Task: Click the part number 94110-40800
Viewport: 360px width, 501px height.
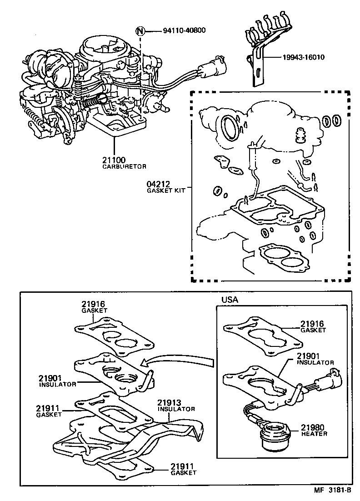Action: click(184, 31)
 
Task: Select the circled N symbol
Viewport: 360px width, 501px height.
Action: click(141, 31)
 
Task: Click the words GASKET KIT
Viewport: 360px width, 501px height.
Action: click(165, 191)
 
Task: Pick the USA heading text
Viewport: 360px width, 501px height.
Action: click(230, 300)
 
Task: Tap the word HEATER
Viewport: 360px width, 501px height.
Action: click(314, 434)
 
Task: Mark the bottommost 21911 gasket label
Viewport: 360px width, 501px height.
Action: click(183, 466)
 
